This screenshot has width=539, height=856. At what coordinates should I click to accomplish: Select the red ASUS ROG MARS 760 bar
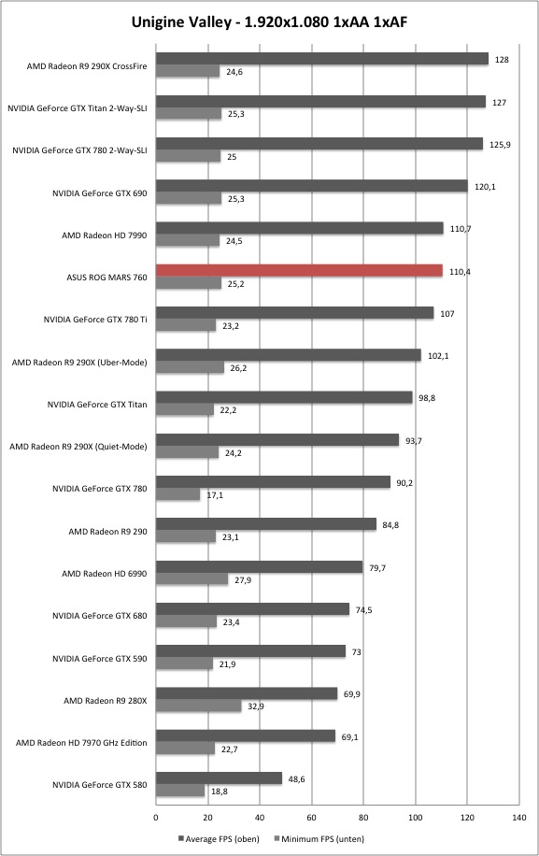(299, 270)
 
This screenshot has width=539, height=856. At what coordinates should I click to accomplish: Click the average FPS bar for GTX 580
(219, 778)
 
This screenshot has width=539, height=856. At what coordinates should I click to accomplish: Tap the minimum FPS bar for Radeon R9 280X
(199, 706)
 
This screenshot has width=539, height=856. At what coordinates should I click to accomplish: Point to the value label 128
(502, 60)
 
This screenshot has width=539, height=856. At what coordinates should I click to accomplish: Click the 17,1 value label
(215, 495)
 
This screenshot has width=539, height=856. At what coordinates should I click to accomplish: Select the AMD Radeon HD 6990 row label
(105, 573)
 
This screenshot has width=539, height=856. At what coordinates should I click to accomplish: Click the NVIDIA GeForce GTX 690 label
(99, 193)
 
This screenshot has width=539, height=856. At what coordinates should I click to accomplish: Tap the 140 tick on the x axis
(518, 818)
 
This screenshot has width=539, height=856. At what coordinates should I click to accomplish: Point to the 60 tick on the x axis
(311, 818)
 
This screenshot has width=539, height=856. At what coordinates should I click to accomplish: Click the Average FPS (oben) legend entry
(219, 839)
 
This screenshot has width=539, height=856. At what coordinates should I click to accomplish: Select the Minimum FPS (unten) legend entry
(319, 839)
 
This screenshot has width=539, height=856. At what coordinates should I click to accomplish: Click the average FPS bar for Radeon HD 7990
(300, 228)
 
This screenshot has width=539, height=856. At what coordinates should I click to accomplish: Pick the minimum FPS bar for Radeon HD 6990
(192, 579)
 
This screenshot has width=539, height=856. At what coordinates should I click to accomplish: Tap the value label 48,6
(296, 779)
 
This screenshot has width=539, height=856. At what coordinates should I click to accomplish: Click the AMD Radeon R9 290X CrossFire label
(87, 66)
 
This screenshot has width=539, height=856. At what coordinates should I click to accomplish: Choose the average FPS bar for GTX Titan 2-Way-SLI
(320, 102)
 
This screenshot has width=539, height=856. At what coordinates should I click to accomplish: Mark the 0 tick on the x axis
(156, 818)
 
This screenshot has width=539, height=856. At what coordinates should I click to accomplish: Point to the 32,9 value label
(256, 706)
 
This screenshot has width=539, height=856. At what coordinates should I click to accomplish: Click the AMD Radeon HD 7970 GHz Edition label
(81, 742)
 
